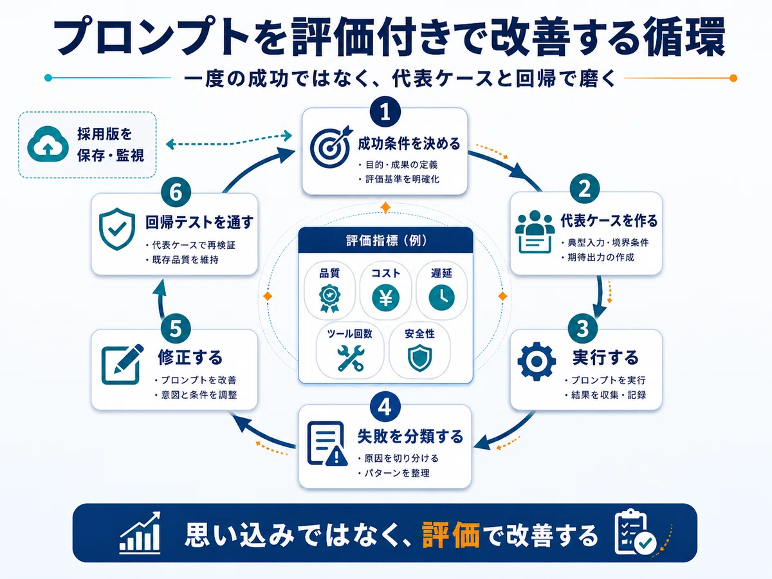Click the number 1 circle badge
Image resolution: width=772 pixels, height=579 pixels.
[x=385, y=112]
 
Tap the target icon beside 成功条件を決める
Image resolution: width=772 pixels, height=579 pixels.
[x=331, y=147]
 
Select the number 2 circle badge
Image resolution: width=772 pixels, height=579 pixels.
[x=584, y=188]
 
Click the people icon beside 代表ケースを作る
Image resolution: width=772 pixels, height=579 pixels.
[x=535, y=232]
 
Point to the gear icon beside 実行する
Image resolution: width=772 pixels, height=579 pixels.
[x=537, y=361]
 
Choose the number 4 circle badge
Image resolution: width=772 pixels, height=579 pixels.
[x=385, y=407]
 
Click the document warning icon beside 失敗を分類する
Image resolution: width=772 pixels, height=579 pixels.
[x=327, y=444]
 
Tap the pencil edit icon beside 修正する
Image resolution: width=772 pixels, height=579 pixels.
[x=122, y=364]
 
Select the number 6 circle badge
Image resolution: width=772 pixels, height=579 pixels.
[x=176, y=192]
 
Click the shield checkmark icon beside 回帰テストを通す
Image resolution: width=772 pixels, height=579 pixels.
[x=117, y=229]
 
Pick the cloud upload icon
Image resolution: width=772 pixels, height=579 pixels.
[x=48, y=143]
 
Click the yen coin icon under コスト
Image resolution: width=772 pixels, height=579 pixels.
[x=385, y=298]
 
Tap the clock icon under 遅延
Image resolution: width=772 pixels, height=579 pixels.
[x=441, y=298]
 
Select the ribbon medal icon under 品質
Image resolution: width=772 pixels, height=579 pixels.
[x=329, y=299]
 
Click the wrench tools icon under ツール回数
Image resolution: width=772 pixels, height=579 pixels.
[x=351, y=358]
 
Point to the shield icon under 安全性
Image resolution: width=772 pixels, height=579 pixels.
[x=419, y=358]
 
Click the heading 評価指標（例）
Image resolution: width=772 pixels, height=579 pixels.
[x=386, y=241]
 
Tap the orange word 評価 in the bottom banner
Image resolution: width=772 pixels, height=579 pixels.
[x=451, y=535]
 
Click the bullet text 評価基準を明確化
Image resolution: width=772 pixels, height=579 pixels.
[x=402, y=179]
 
